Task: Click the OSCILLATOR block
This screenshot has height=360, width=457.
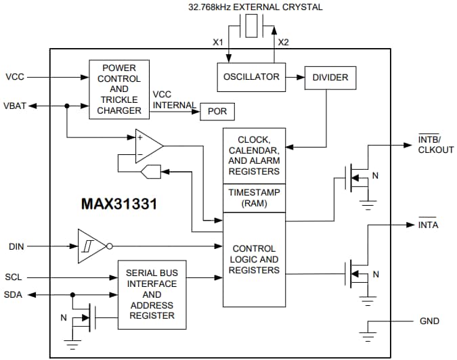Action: [x=251, y=77]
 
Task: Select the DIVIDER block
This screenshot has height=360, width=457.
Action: [x=330, y=78]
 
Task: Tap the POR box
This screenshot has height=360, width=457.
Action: [x=217, y=112]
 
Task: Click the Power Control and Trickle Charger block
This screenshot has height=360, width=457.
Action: [x=118, y=89]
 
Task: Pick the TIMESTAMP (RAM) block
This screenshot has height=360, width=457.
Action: [x=254, y=198]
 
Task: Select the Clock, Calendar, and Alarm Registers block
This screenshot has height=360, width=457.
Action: [x=254, y=155]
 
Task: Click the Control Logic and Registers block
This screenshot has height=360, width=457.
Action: [x=254, y=259]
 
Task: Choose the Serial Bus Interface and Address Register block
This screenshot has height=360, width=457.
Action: [x=152, y=294]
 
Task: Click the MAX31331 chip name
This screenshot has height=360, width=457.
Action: [x=119, y=203]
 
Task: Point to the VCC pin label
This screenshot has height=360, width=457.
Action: [x=14, y=76]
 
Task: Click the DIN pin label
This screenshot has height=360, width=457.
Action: [x=16, y=246]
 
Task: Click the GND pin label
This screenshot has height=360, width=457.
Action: [x=429, y=321]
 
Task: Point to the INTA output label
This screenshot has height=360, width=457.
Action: [x=428, y=225]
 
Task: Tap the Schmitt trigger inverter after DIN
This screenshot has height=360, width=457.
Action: [x=91, y=246]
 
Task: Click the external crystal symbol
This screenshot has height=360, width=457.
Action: [x=251, y=29]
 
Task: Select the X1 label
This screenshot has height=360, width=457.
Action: [x=218, y=42]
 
